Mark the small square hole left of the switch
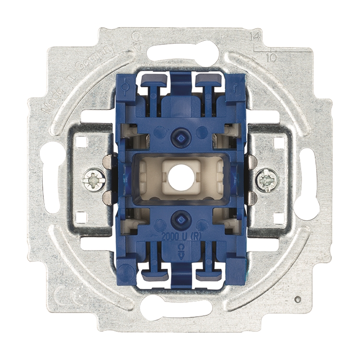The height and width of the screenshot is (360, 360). [81, 142]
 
